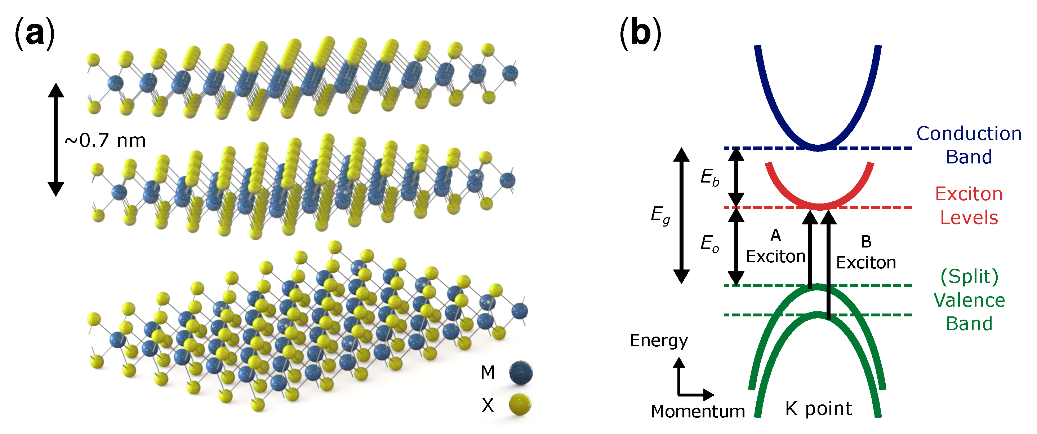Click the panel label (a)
(34, 34)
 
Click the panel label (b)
(640, 34)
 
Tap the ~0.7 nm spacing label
(105, 141)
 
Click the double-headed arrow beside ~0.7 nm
(56, 139)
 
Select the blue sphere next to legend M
(521, 373)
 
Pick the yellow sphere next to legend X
(520, 404)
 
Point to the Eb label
(709, 177)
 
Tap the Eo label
(709, 244)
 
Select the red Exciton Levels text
(969, 206)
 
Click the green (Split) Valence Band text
(969, 300)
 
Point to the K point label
(818, 409)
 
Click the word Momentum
(698, 411)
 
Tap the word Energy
(659, 341)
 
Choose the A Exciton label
(775, 247)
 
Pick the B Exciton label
(866, 253)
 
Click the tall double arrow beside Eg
(681, 216)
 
